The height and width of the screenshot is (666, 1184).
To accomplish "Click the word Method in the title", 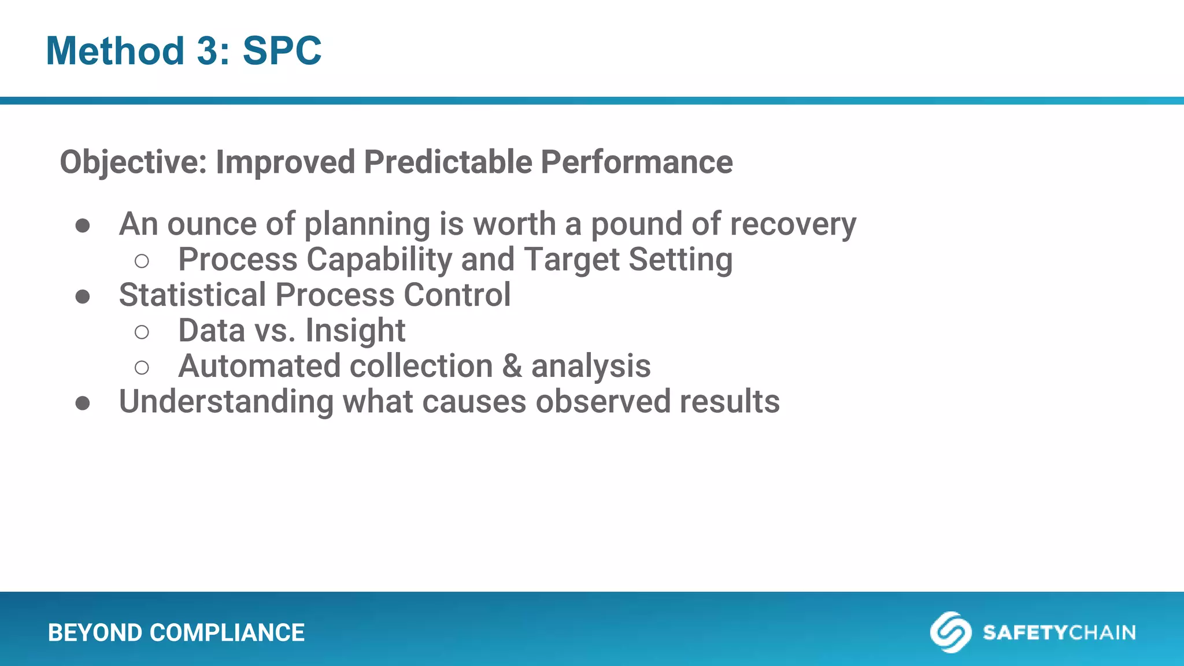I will pyautogui.click(x=115, y=51).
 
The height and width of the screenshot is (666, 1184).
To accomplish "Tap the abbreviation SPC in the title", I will pyautogui.click(x=282, y=51).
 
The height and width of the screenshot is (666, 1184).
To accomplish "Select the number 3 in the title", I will pyautogui.click(x=208, y=51).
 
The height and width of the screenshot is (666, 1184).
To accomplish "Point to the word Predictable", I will pyautogui.click(x=447, y=162).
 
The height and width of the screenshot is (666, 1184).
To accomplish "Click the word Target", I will pyautogui.click(x=571, y=260).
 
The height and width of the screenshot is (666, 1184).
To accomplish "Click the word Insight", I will pyautogui.click(x=355, y=331).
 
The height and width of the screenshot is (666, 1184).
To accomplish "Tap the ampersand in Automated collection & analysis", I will pyautogui.click(x=512, y=367).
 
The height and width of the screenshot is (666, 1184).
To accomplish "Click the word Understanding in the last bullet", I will pyautogui.click(x=226, y=402).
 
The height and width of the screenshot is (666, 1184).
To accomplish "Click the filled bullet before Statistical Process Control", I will pyautogui.click(x=83, y=297).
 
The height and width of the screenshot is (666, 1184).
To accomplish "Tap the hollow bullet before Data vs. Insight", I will pyautogui.click(x=142, y=332).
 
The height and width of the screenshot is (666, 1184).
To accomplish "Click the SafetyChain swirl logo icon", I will pyautogui.click(x=950, y=632).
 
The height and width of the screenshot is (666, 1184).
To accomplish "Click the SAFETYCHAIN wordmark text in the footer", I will pyautogui.click(x=1059, y=632).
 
